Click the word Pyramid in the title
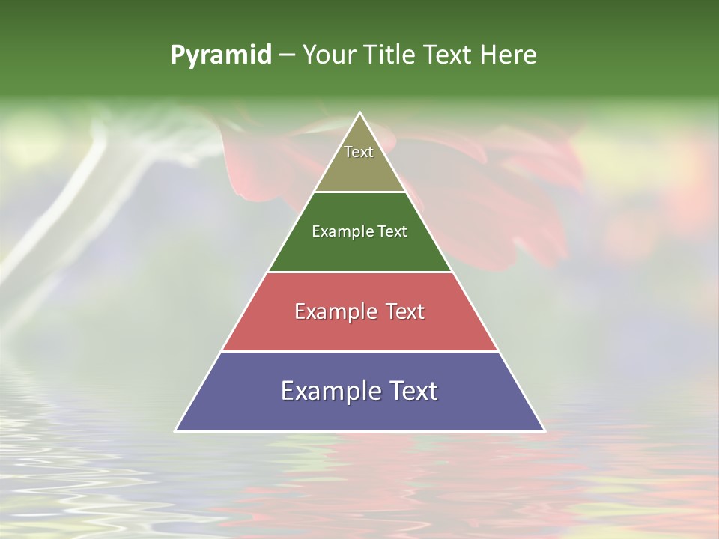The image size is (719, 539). point(220,55)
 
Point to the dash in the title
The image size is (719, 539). point(286,55)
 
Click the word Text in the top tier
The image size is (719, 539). point(359,152)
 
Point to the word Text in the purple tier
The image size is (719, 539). point(414,391)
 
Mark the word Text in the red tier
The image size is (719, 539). point(405,311)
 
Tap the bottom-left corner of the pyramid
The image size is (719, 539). point(176,430)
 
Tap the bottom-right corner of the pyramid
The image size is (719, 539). point(544,430)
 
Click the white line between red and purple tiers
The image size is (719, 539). point(359,351)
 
